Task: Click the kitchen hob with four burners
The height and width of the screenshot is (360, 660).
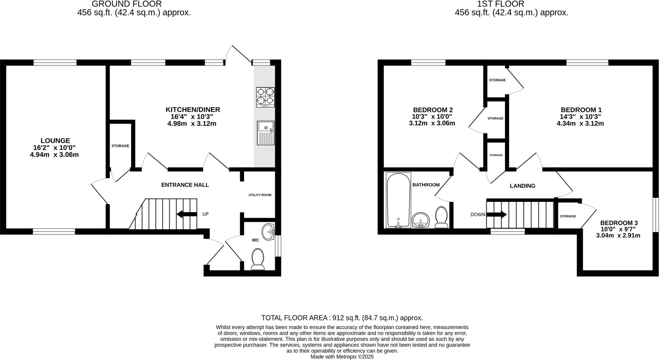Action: click(265, 97)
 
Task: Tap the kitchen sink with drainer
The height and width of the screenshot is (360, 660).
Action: click(266, 133)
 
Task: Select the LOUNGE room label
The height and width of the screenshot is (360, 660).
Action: click(55, 141)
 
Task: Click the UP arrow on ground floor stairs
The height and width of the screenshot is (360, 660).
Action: click(187, 214)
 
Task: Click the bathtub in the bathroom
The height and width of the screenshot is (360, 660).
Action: click(398, 200)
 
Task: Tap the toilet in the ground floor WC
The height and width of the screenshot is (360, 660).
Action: click(257, 258)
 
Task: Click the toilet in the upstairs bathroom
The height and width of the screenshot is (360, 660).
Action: click(441, 217)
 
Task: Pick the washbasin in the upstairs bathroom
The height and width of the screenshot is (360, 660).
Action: click(421, 220)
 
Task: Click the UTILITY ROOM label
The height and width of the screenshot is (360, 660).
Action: click(260, 195)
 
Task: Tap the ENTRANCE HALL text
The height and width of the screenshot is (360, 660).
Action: click(185, 185)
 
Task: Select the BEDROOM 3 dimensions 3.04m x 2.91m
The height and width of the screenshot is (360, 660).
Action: click(618, 236)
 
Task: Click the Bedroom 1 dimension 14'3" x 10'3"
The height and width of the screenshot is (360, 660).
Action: click(580, 117)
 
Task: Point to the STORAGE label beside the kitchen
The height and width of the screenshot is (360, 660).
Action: click(120, 146)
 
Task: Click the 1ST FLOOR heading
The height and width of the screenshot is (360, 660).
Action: click(511, 4)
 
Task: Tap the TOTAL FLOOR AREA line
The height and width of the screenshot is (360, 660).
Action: click(342, 318)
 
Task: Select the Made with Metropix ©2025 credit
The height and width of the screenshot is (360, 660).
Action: click(342, 357)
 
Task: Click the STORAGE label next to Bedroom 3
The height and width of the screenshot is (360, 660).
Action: click(568, 216)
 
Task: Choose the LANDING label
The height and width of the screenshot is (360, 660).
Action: click(522, 186)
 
